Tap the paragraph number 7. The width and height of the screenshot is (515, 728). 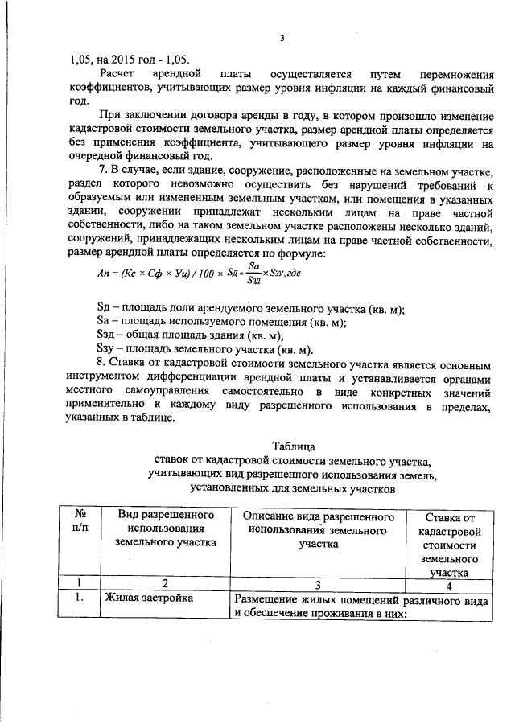[101, 170]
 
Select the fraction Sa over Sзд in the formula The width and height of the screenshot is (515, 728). [253, 272]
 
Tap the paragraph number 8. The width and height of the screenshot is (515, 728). [101, 364]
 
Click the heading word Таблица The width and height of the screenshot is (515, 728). [293, 446]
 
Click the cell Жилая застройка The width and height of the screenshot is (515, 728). [141, 598]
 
